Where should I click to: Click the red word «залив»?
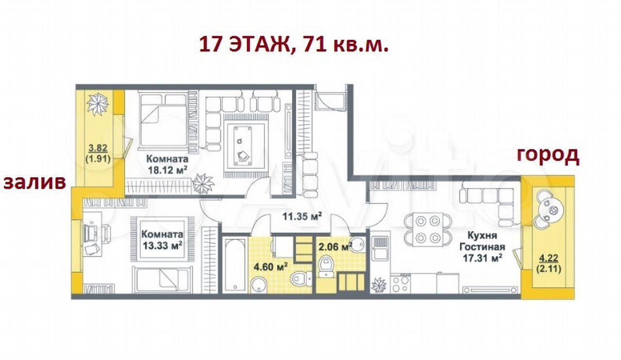[34, 182]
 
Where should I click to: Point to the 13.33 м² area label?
[162, 245]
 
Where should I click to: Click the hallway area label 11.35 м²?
[302, 216]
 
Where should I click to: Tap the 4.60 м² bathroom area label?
[270, 267]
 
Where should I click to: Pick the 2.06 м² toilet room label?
[335, 246]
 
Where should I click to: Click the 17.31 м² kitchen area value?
[482, 258]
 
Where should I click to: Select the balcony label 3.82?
[98, 148]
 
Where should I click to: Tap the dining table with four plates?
[428, 229]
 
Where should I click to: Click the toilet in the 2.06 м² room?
[327, 266]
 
